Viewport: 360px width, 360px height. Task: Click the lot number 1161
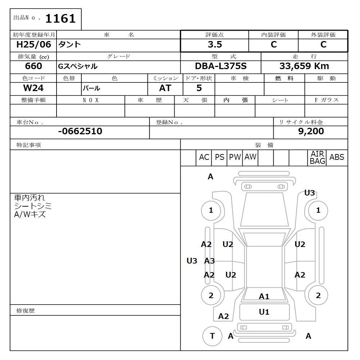[x=60, y=18]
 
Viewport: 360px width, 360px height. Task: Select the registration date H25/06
[x=34, y=45]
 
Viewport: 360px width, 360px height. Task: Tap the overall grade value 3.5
[x=215, y=45]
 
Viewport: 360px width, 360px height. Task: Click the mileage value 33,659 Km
[x=304, y=66]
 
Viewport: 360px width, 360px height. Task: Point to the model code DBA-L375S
[x=221, y=66]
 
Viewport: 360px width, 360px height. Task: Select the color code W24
[x=33, y=88]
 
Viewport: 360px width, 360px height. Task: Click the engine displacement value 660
[x=33, y=66]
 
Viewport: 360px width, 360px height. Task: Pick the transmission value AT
[x=165, y=88]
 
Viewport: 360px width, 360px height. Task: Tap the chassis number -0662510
[x=80, y=131]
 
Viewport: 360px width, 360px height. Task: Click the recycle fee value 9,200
[x=311, y=131]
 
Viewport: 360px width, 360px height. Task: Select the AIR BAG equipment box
[x=318, y=158]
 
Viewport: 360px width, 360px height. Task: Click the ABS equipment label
[x=337, y=157]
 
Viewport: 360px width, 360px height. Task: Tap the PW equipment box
[x=235, y=157]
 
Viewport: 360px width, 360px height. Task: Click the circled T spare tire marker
[x=212, y=336]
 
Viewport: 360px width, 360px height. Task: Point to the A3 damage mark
[x=210, y=261]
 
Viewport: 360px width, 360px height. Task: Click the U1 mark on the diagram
[x=264, y=312]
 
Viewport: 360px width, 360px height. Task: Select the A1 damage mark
[x=264, y=297]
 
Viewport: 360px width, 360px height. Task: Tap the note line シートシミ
[x=33, y=206]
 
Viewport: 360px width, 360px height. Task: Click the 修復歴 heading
[x=26, y=310]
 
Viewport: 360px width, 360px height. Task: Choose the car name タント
[x=70, y=45]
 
